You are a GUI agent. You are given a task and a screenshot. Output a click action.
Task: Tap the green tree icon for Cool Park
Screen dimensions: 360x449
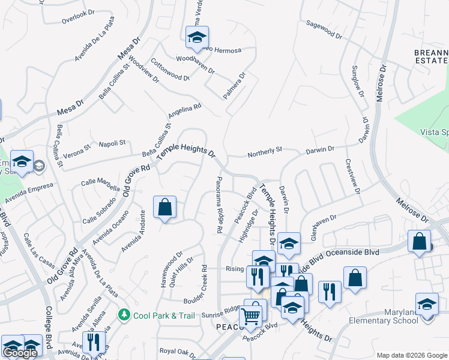click(x=124, y=314)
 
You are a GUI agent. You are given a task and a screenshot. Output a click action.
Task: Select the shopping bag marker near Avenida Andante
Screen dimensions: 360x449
click(x=164, y=208)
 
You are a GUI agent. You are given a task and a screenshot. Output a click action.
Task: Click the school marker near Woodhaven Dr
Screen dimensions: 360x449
click(x=196, y=38)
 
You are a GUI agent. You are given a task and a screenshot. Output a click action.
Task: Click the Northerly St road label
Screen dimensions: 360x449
click(x=265, y=155)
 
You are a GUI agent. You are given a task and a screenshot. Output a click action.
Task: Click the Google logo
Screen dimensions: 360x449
click(x=20, y=353)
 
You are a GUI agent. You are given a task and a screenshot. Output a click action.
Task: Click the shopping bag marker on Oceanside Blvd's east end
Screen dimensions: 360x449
click(x=420, y=242)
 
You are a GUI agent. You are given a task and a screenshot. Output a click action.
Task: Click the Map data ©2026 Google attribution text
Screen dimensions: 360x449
click(x=412, y=355)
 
